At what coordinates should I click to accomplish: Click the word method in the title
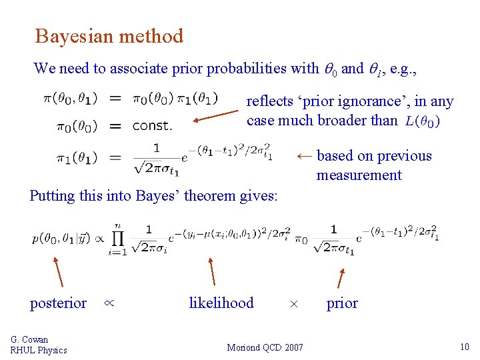[x=151, y=36]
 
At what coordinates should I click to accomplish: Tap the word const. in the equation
[x=152, y=126]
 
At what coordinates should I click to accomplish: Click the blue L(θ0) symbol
[x=421, y=121]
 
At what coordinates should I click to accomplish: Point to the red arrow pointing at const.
[x=215, y=117]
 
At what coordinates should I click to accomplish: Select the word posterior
[x=58, y=303]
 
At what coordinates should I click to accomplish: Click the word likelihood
[x=221, y=303]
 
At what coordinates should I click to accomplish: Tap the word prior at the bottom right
[x=342, y=303]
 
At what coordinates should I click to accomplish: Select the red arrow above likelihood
[x=211, y=271]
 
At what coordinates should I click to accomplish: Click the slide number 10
[x=465, y=347]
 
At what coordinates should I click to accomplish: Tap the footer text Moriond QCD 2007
[x=265, y=347]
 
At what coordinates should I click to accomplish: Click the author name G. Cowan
[x=29, y=340]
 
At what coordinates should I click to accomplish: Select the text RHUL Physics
[x=39, y=351]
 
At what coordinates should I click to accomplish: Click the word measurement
[x=359, y=175]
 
